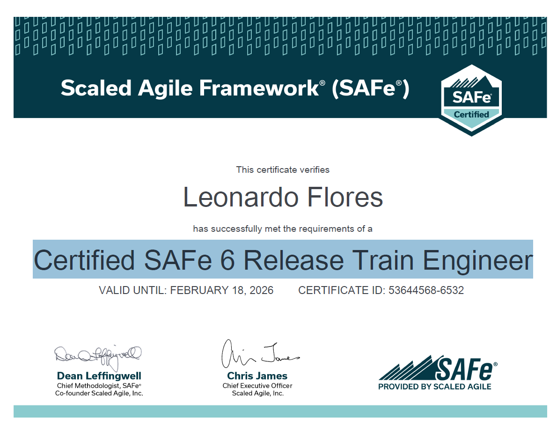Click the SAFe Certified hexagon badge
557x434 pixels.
coord(471,100)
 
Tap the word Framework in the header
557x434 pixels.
coord(259,88)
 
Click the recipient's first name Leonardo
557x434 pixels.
coord(241,197)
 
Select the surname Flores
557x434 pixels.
coord(344,197)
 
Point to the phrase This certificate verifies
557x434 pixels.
coord(283,169)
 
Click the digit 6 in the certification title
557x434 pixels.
coord(227,260)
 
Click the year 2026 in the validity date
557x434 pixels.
coord(262,290)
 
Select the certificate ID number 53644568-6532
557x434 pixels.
coord(426,290)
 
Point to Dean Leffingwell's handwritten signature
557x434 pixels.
coord(98,356)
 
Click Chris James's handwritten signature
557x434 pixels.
coord(260,354)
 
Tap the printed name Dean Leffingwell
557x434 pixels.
coord(99,375)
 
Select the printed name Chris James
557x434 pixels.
coord(257,375)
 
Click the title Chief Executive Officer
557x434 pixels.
coord(257,386)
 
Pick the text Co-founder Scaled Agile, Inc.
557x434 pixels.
coord(99,393)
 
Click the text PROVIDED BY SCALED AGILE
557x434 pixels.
coord(434,387)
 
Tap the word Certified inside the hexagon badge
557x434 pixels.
coord(471,114)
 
